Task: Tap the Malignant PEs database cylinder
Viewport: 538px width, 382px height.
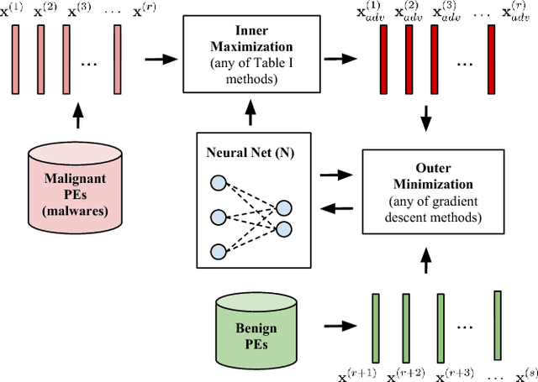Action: click(76, 182)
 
